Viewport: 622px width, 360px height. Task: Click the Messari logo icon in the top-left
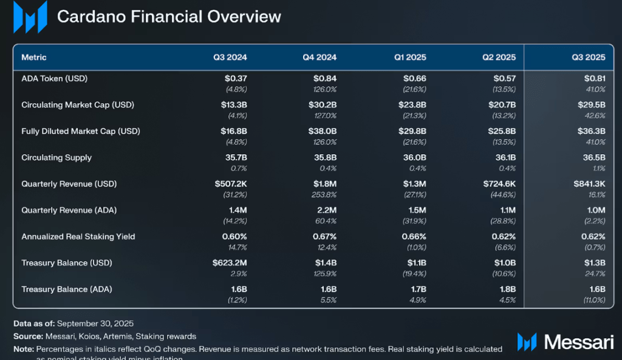click(30, 17)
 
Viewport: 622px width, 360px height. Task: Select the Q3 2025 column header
click(588, 58)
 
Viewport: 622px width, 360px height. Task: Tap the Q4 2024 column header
click(320, 58)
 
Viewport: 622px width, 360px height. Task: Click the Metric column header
click(34, 58)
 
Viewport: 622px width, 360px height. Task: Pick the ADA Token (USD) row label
click(55, 78)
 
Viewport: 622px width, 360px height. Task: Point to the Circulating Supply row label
click(56, 157)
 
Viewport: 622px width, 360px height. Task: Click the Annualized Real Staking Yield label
click(78, 237)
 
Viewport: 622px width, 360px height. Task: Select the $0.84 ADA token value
click(324, 78)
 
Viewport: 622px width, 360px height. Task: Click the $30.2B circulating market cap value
click(323, 104)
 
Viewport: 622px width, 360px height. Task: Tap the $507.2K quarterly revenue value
click(230, 183)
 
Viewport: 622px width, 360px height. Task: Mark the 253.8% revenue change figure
click(324, 195)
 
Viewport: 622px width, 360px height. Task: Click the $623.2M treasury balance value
click(230, 263)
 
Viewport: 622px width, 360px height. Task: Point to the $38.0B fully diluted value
click(323, 131)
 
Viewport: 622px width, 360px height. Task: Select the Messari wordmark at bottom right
click(578, 342)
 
